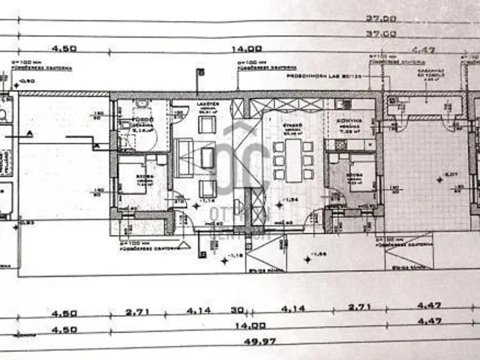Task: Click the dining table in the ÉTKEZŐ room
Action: pos(293,159)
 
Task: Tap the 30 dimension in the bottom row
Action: pos(237,308)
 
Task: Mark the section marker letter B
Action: pos(199,72)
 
